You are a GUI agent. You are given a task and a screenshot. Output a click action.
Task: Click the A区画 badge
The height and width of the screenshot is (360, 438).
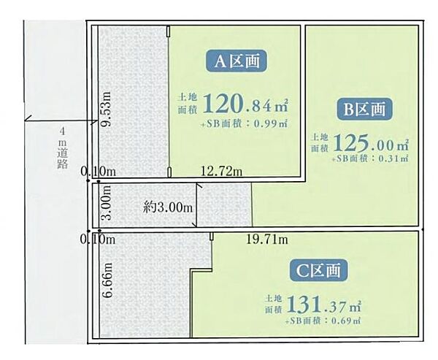click(237, 61)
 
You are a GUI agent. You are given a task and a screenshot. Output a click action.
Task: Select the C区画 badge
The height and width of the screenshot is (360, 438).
click(318, 270)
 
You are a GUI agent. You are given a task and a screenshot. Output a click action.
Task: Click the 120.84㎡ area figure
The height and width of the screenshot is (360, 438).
click(245, 104)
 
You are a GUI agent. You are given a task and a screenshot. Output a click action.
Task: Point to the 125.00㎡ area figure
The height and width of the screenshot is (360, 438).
click(371, 144)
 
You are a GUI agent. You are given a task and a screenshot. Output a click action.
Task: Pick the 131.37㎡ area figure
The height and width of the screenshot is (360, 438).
click(323, 305)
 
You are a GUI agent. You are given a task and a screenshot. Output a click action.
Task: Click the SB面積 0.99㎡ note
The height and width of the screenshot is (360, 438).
click(244, 123)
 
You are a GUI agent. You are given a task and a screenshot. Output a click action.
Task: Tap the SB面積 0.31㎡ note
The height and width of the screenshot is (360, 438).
click(370, 158)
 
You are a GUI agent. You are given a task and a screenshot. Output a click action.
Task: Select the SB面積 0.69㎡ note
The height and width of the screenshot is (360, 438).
click(323, 321)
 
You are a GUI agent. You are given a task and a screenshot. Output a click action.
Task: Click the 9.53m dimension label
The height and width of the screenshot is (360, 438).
click(106, 110)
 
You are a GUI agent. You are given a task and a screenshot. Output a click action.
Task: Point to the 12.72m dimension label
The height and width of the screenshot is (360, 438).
click(221, 171)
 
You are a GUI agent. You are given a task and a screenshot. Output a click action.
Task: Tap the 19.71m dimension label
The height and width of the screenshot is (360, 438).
click(266, 239)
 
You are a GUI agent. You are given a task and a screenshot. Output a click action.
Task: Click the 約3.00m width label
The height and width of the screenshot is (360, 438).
click(168, 207)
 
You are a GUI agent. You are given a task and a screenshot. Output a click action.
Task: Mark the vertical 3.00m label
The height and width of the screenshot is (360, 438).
click(107, 202)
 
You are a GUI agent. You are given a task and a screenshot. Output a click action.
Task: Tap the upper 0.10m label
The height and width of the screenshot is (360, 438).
click(98, 171)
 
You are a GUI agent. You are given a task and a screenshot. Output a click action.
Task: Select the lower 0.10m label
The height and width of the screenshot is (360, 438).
click(98, 240)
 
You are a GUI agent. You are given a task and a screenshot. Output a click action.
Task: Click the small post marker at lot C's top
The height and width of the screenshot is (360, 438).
click(212, 236)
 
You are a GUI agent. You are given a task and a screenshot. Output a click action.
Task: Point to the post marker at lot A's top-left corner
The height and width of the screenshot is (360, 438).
click(169, 31)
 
